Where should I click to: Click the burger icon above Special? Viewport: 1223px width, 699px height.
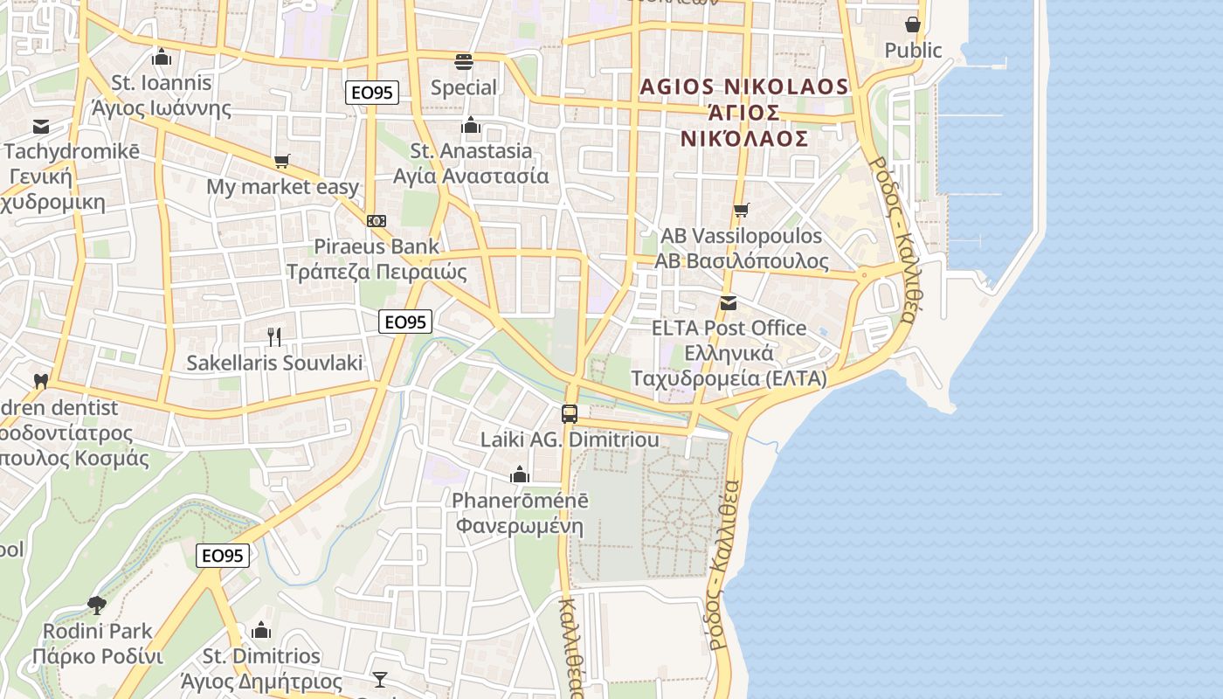pos(463,62)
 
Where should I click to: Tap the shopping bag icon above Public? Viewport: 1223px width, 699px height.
pos(913,24)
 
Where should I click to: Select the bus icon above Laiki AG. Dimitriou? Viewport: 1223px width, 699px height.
pos(570,413)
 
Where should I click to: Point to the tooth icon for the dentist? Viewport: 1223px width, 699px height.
pos(40,381)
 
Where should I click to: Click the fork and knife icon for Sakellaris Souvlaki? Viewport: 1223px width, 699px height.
pos(274,336)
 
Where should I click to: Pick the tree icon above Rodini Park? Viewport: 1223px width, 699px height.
pos(97,605)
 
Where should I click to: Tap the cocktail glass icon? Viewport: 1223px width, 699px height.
pos(380,679)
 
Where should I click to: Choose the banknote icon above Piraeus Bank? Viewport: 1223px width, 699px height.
pos(377,221)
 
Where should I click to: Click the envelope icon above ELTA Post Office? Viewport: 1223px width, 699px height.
pos(729,303)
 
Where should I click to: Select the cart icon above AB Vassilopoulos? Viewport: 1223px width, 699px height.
pos(742,210)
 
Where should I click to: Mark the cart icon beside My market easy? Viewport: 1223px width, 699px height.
pos(281,161)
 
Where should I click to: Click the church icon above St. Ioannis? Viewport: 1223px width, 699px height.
pos(161,58)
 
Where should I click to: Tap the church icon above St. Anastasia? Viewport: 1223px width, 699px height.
pos(471,126)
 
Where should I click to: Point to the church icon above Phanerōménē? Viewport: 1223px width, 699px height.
pos(520,474)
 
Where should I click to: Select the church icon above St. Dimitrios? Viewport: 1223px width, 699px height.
pos(261,630)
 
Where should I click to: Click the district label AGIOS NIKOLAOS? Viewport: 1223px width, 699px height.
pos(744,87)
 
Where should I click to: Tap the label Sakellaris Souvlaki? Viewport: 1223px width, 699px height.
pos(274,363)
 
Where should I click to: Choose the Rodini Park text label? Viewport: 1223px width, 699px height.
pos(98,631)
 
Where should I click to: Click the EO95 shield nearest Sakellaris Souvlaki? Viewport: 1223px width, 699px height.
pos(405,322)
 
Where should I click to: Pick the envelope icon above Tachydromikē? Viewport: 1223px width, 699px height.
pos(40,127)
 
